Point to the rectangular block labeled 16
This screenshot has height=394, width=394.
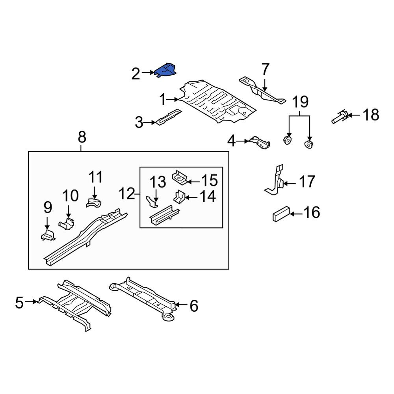(x=281, y=214)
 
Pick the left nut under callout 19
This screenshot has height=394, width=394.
(x=287, y=140)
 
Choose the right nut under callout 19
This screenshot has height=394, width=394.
(x=309, y=145)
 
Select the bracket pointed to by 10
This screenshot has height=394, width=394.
(x=67, y=223)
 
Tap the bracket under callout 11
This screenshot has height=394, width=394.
(x=94, y=203)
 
